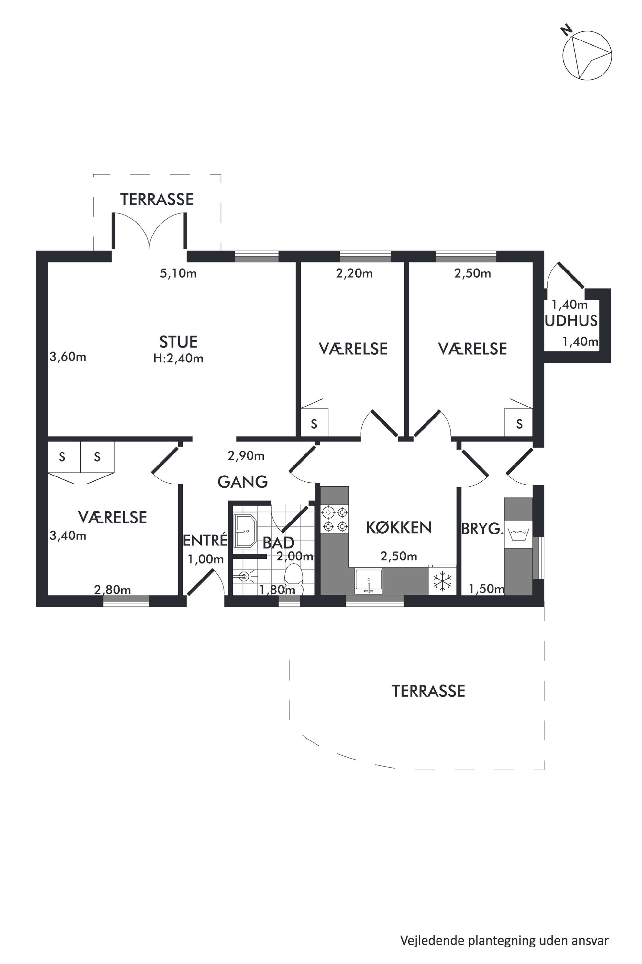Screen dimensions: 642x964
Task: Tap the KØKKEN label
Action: point(399,527)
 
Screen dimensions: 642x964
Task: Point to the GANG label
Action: point(242,482)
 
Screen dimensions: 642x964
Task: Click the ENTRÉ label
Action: point(205,540)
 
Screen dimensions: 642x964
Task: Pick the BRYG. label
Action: point(482,529)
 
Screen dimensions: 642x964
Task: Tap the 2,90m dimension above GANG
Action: point(246,456)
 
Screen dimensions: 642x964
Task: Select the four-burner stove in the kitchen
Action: point(335,519)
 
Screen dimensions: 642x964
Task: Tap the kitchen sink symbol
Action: point(369,581)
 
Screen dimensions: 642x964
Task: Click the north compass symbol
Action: point(587,55)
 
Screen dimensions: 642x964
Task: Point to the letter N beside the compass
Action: point(567,30)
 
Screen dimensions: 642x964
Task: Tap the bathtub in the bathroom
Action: point(245,531)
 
